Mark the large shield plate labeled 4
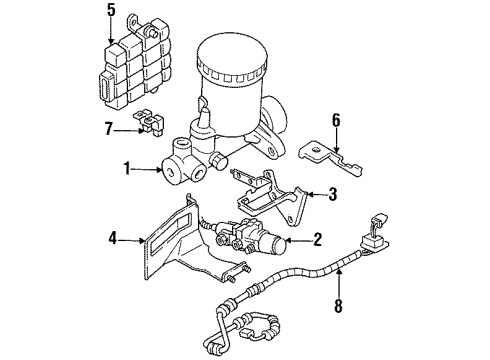(x=185, y=255)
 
